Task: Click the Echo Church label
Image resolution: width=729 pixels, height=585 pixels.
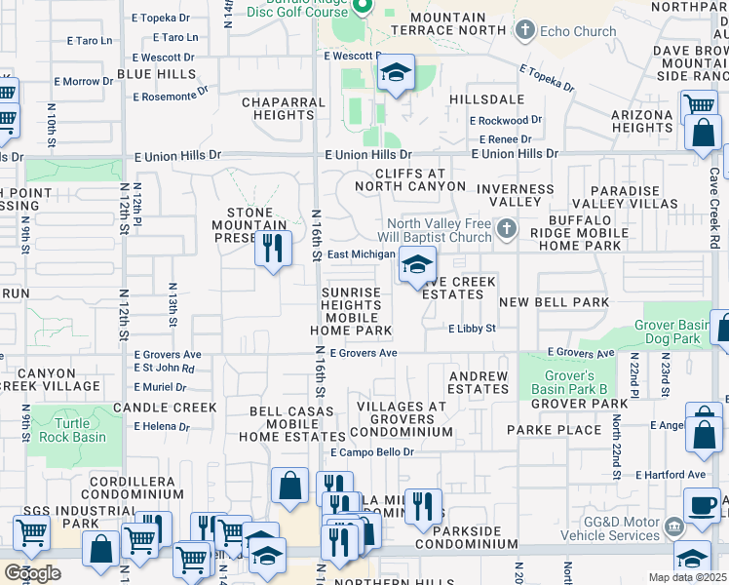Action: pos(580,31)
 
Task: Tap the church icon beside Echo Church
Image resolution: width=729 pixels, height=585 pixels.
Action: pos(524,30)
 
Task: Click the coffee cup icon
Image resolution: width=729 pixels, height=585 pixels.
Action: pos(701,504)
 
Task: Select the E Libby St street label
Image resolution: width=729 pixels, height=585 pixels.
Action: pos(472,330)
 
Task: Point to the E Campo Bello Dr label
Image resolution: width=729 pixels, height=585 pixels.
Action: pos(372,452)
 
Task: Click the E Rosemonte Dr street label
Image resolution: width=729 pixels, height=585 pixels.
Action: pos(172,96)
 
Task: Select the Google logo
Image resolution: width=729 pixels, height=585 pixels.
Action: pos(32,572)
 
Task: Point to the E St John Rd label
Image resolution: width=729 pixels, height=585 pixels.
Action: pos(164,369)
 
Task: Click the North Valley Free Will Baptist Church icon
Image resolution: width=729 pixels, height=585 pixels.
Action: pos(505,230)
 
